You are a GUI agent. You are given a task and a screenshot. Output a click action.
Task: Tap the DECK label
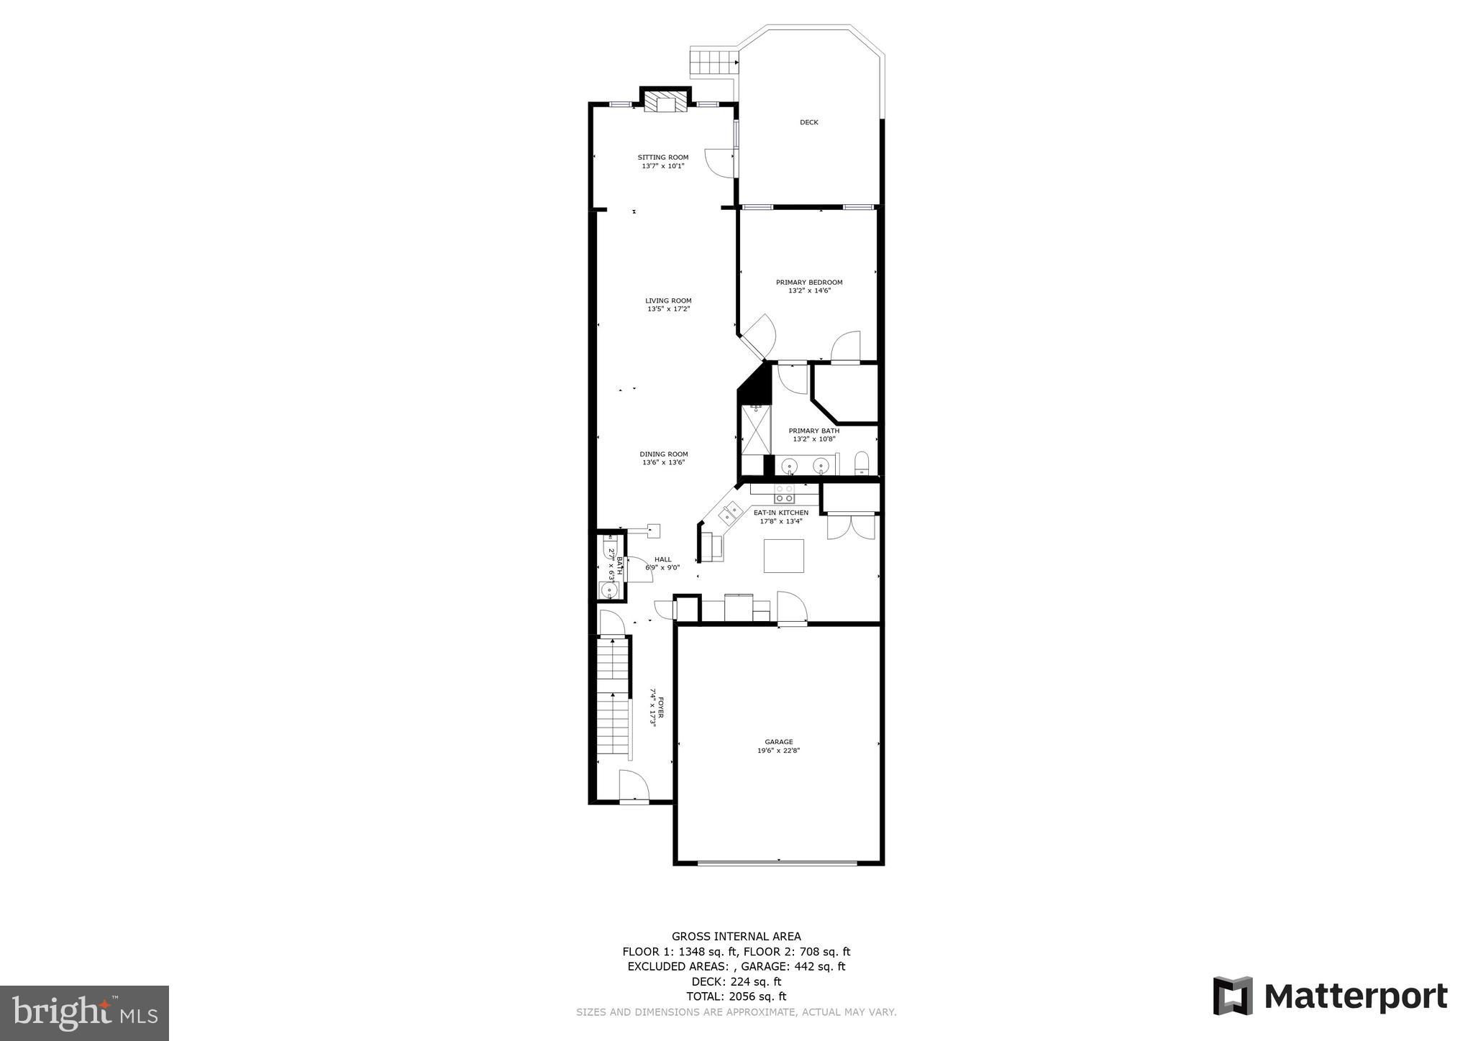click(x=809, y=122)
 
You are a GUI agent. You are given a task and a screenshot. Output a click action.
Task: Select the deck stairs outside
click(x=713, y=62)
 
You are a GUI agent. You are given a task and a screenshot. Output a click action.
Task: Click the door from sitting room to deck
click(x=720, y=162)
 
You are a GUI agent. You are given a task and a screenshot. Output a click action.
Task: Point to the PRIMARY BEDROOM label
click(x=809, y=283)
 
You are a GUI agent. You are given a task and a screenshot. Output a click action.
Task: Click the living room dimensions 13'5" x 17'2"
click(x=668, y=309)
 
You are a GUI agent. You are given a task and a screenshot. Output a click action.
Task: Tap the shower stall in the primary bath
click(x=755, y=430)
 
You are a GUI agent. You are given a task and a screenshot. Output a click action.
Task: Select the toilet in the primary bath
click(x=862, y=464)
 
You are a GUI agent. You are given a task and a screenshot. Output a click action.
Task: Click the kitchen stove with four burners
click(x=784, y=493)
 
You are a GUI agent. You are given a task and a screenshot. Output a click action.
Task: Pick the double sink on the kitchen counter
click(x=731, y=513)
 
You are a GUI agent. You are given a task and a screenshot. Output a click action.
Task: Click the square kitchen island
click(x=783, y=556)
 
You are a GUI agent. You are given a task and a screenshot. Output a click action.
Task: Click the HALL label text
click(x=662, y=559)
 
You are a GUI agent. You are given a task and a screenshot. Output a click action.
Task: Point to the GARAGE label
click(x=779, y=742)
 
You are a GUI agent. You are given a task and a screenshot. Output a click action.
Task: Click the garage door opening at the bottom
click(x=778, y=863)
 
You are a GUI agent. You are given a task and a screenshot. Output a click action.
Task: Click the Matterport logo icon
click(x=1233, y=996)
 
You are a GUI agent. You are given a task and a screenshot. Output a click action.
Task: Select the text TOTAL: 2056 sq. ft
click(x=736, y=996)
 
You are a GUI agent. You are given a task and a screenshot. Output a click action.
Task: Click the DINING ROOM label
click(x=664, y=454)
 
